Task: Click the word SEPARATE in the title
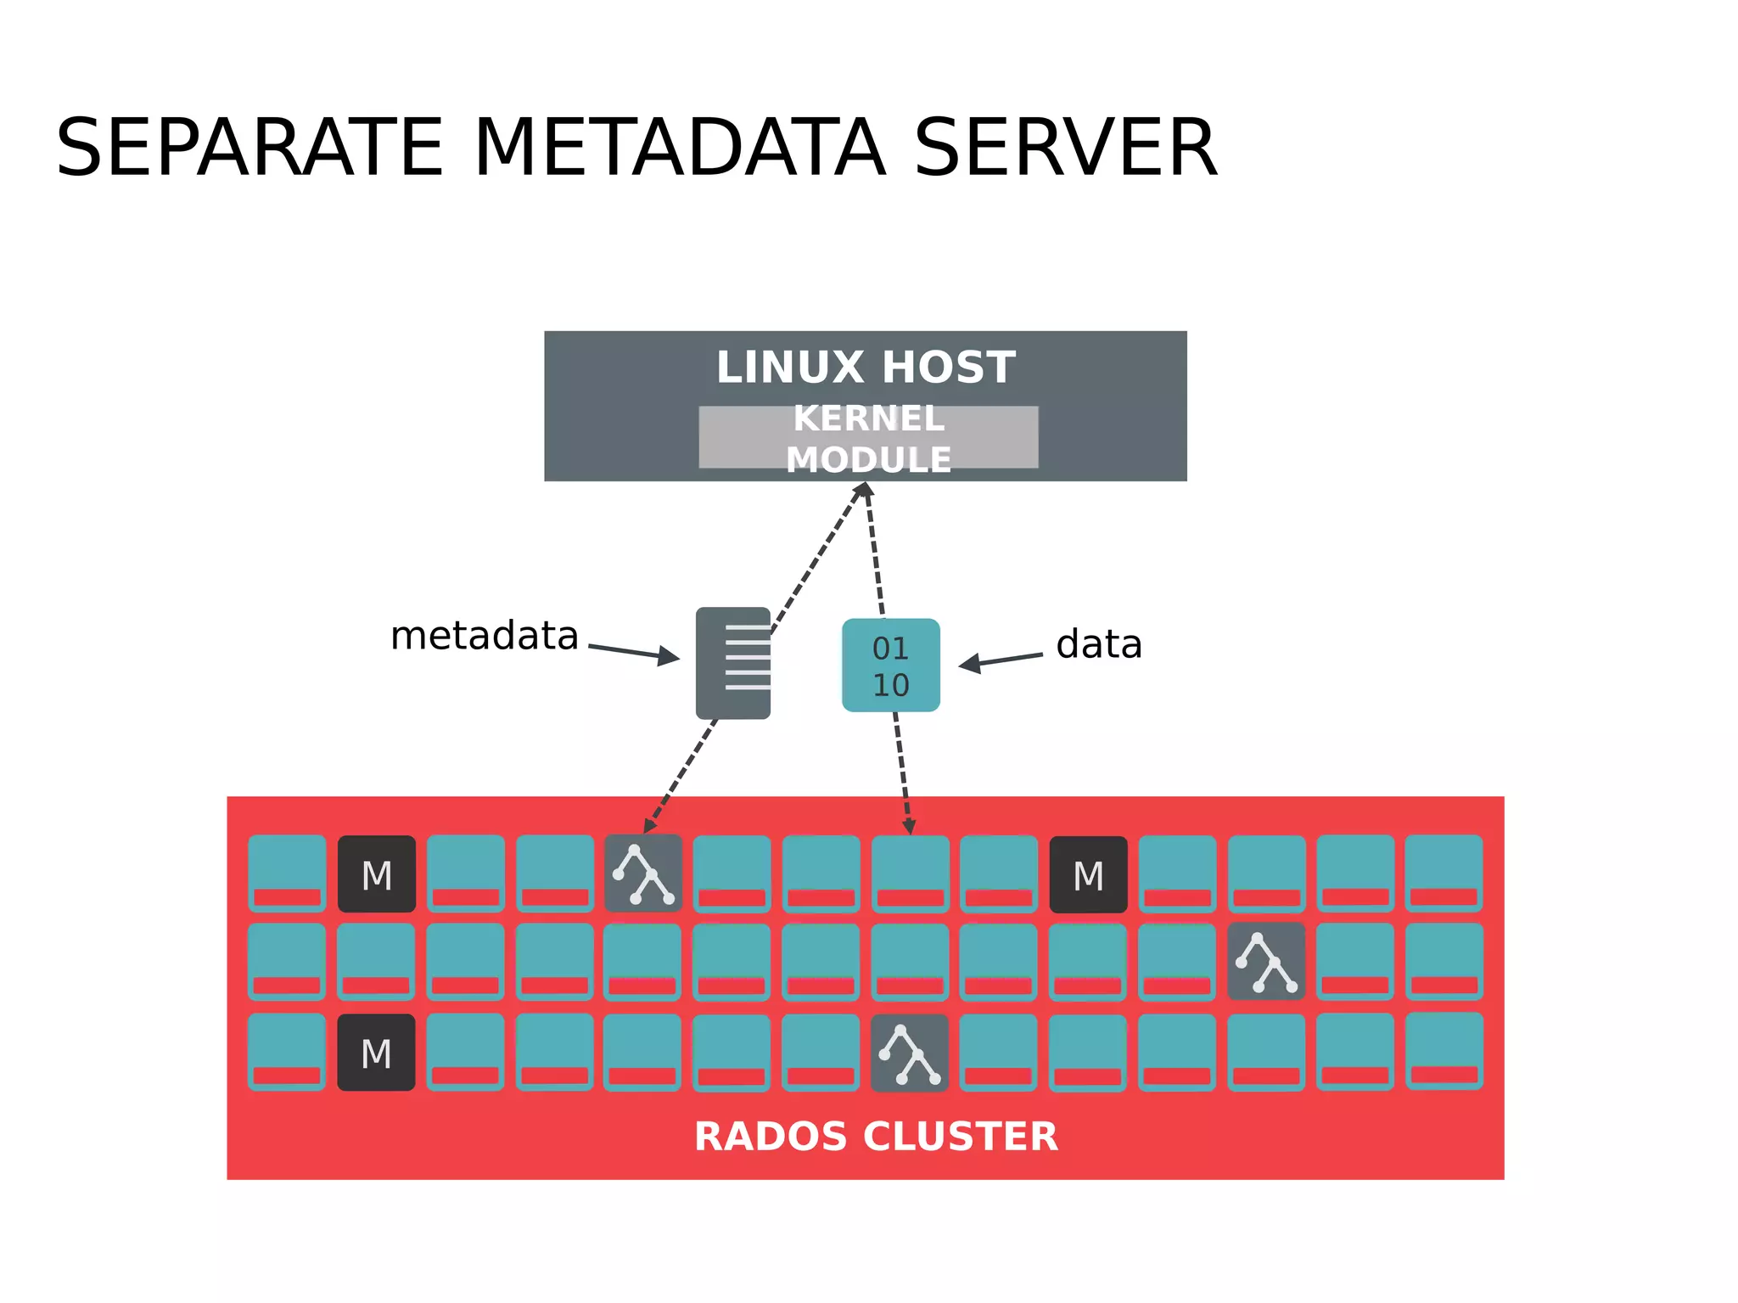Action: coord(249,149)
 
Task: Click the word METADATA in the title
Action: coord(679,149)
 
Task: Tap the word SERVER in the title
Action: coord(1065,149)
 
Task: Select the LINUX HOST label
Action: coord(866,368)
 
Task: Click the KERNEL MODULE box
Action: coord(868,438)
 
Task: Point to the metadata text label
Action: coord(484,636)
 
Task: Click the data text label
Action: coord(1098,644)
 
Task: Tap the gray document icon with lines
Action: coord(732,663)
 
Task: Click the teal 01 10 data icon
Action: coord(890,666)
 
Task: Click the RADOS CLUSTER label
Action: coord(876,1136)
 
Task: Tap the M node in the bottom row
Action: coord(376,1053)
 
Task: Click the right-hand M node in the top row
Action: coord(1088,874)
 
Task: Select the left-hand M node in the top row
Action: coord(376,874)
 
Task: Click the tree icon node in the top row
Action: coord(643,873)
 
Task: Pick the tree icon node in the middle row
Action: coord(1265,962)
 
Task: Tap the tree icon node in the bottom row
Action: coord(909,1053)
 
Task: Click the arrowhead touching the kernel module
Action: coord(863,490)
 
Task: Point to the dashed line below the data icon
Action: coord(902,772)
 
